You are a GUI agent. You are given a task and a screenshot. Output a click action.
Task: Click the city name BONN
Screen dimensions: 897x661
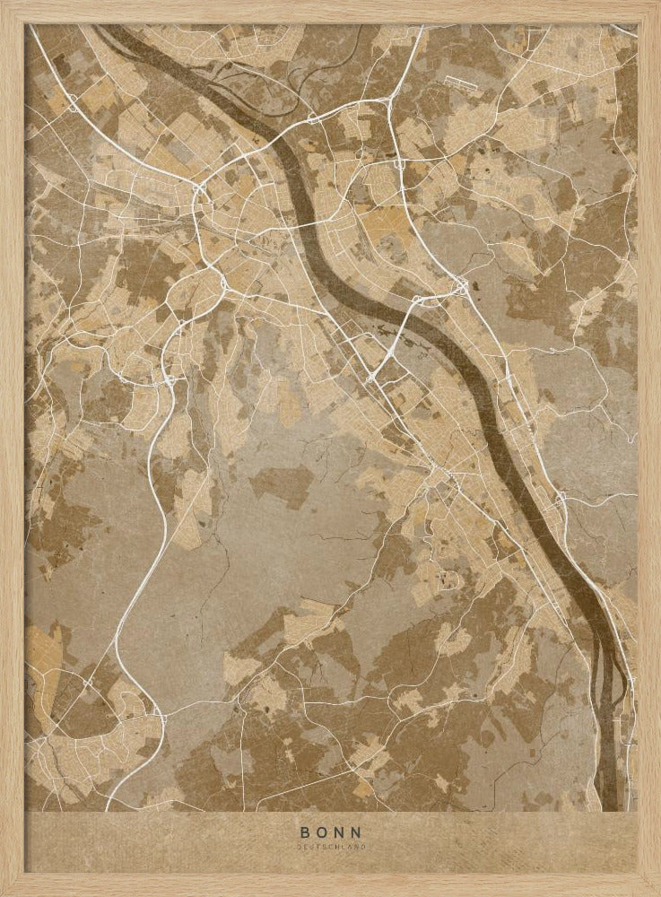coord(332,831)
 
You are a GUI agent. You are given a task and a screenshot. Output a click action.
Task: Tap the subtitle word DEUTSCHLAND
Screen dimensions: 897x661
coord(332,845)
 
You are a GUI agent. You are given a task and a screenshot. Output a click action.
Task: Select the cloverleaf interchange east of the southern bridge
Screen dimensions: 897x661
coord(461,287)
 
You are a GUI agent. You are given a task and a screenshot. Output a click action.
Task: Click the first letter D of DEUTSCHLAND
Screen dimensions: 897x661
coord(301,845)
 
